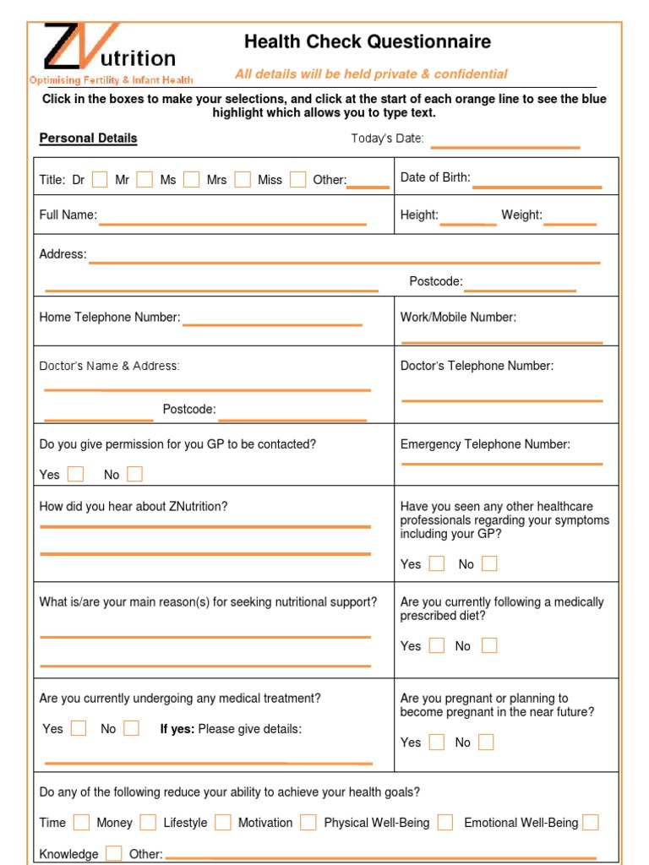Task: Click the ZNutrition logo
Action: [110, 52]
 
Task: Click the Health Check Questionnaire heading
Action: [367, 42]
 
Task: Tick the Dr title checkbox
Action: [100, 179]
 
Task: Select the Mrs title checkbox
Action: [243, 179]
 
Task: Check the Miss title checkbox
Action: [297, 179]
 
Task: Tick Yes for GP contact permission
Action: [76, 474]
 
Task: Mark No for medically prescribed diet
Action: [489, 645]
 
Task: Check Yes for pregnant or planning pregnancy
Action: [436, 742]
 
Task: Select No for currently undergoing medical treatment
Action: [131, 728]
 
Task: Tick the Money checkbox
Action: [148, 822]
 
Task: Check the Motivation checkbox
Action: [308, 822]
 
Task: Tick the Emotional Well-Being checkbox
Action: [591, 822]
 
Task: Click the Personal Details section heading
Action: [88, 139]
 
